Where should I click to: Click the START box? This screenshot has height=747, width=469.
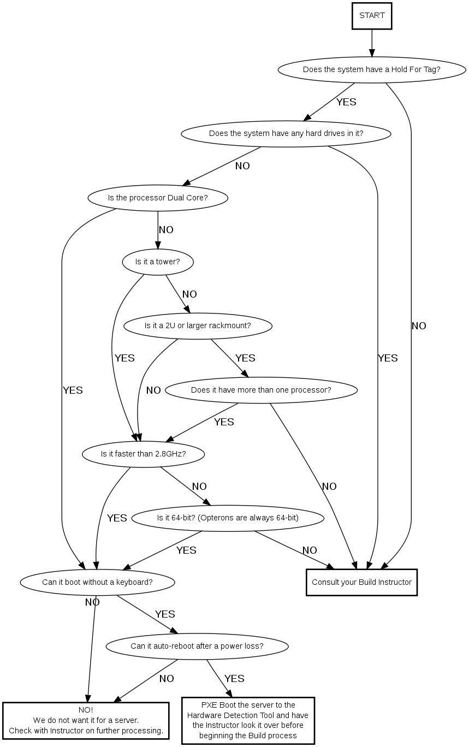(372, 16)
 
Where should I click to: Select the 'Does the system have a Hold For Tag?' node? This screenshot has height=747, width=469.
(372, 70)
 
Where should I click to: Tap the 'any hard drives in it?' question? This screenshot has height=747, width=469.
(286, 134)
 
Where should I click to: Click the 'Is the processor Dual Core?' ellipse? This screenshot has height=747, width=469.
(158, 198)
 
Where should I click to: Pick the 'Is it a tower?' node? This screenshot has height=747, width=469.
(158, 262)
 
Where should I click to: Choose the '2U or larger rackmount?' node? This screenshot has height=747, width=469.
(198, 326)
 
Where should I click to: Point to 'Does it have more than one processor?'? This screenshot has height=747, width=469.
(261, 390)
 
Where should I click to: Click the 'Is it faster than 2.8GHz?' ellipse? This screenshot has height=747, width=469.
(144, 454)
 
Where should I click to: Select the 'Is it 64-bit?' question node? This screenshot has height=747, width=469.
(228, 518)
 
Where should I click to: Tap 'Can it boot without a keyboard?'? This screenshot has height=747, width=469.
(97, 582)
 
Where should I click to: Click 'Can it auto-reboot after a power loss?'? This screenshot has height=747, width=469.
(197, 646)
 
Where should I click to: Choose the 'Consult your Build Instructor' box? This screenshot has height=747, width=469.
(361, 582)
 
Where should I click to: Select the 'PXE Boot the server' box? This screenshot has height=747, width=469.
(248, 720)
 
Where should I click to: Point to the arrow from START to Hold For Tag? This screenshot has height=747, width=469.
(372, 43)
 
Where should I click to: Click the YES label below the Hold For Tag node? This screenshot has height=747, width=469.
(346, 102)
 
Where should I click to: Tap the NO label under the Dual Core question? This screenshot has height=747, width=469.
(166, 230)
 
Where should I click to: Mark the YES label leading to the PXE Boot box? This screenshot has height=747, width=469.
(234, 679)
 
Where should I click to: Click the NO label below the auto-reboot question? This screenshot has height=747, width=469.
(167, 679)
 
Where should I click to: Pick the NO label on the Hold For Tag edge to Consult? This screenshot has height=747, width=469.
(419, 326)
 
